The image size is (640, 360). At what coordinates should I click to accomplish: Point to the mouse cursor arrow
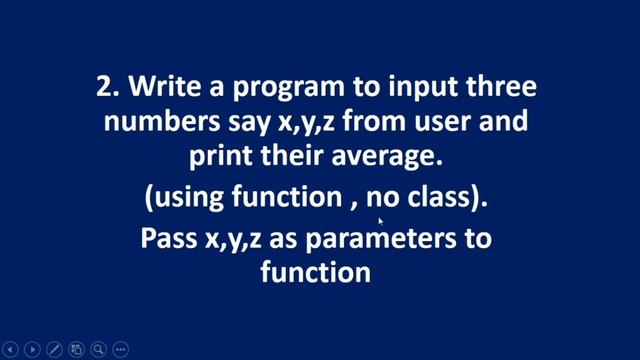coord(380,222)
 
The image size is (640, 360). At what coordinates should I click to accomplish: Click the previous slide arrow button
coord(10,349)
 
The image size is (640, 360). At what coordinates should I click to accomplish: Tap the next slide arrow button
coord(32,349)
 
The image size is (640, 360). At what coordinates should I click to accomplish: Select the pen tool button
coord(54,349)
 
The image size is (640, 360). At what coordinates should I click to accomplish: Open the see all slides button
coord(76,349)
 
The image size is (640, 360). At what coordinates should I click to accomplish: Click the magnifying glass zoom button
coord(98,349)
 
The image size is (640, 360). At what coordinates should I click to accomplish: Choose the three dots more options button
coord(120,349)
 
